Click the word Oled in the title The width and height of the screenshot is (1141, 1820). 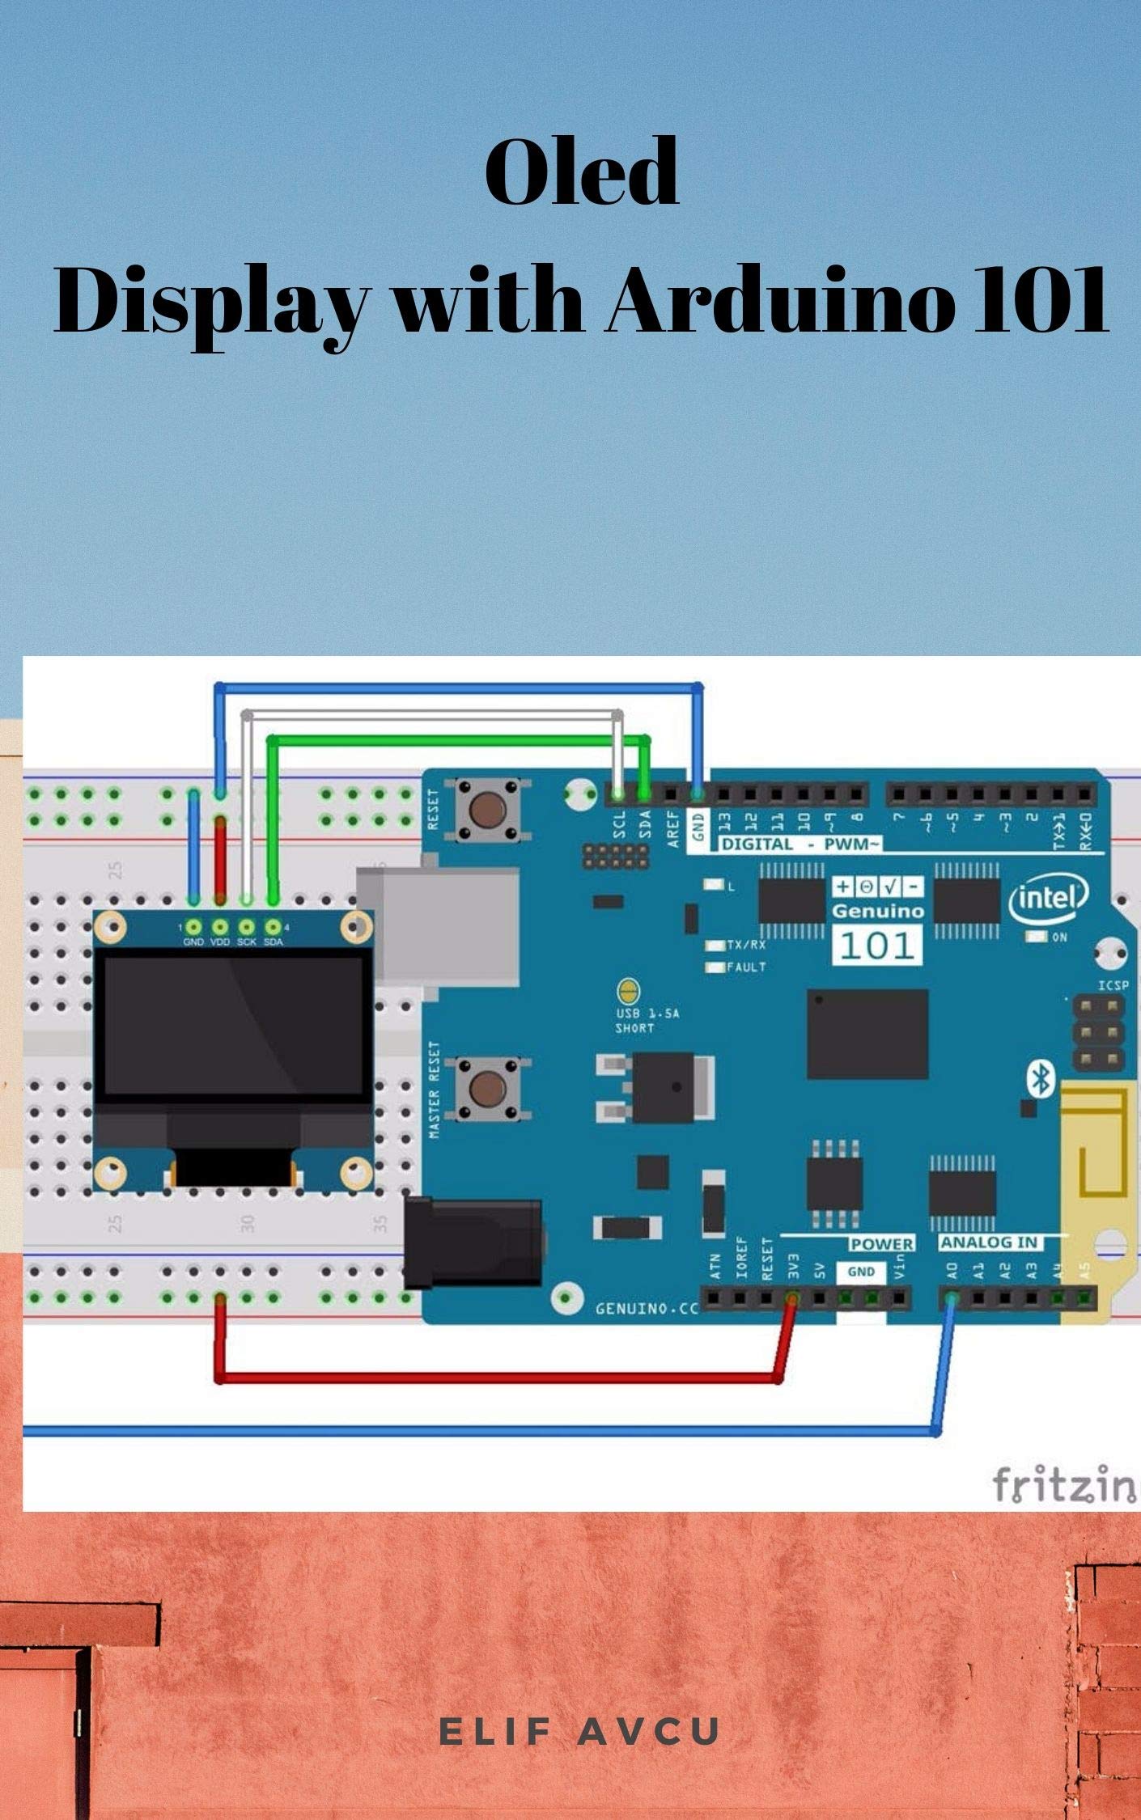click(581, 171)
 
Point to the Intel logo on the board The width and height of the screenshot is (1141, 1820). click(1048, 896)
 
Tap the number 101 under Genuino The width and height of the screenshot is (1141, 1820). click(877, 945)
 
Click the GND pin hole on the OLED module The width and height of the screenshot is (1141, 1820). click(193, 927)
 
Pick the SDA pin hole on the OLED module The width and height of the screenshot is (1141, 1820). click(274, 927)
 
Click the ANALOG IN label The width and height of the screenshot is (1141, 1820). click(989, 1242)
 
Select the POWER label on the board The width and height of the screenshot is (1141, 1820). click(881, 1243)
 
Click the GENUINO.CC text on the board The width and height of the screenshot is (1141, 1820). click(646, 1308)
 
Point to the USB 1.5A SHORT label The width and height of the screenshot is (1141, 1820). click(634, 1021)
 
